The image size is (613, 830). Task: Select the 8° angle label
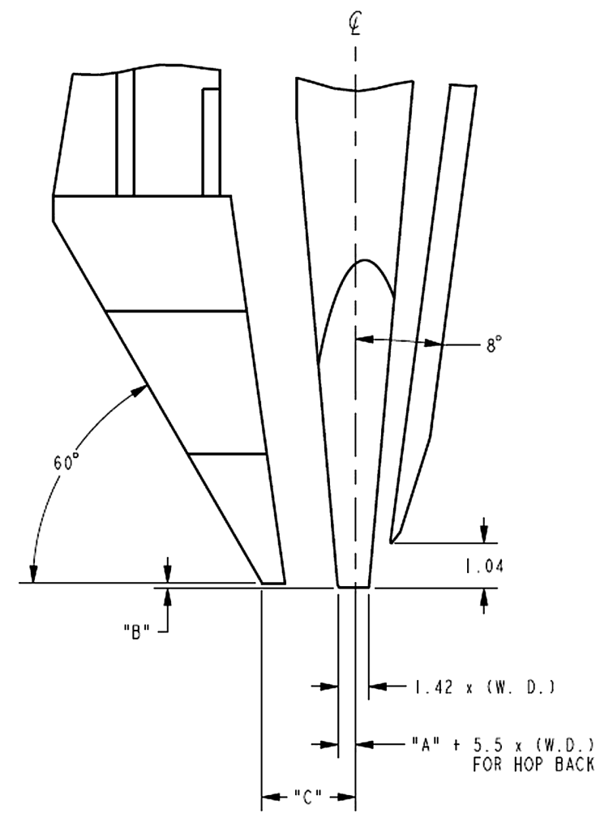pos(493,346)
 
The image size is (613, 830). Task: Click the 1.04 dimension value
pos(484,567)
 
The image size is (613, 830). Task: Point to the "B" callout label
pos(136,631)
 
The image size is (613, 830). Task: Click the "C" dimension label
pos(308,797)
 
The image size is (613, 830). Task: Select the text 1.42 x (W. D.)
pos(483,687)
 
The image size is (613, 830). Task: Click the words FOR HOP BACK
pos(533,764)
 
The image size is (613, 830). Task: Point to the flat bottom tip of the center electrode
pos(354,587)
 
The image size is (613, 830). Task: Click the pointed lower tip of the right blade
pos(392,541)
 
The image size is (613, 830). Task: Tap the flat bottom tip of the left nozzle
pos(272,584)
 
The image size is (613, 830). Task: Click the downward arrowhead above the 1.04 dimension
pos(484,534)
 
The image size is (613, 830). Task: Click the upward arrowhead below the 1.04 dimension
pos(484,597)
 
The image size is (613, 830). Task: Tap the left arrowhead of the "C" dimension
pos(271,796)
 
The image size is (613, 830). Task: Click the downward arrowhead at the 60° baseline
pos(33,574)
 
